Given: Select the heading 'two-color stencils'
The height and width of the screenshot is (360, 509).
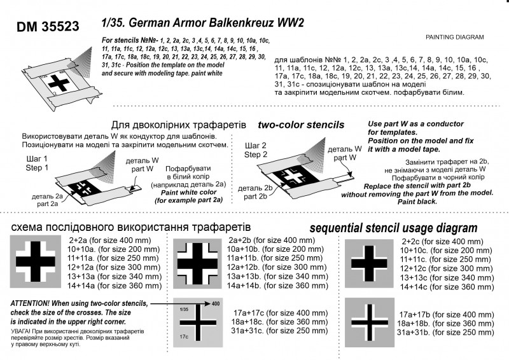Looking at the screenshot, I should [x=301, y=125].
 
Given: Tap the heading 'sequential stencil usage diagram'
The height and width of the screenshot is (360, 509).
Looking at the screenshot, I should [x=393, y=228].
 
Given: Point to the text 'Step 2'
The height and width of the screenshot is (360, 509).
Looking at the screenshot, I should [x=256, y=155].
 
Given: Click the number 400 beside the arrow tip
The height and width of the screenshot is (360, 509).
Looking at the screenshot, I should [x=216, y=303].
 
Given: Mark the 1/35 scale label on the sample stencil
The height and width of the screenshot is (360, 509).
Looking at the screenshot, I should [x=184, y=308].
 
